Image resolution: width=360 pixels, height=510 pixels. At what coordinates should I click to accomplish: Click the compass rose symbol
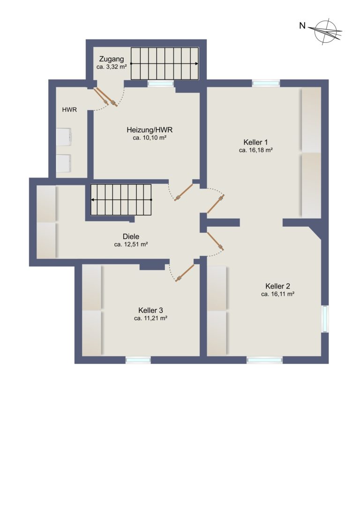(x=326, y=31)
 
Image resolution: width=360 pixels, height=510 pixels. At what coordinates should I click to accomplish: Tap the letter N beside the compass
(x=302, y=26)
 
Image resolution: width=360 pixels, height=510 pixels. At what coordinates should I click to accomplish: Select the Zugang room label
(x=112, y=59)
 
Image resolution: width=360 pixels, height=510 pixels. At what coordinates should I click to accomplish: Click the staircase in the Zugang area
(x=165, y=63)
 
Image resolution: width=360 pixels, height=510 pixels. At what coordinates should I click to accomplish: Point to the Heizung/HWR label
(x=150, y=130)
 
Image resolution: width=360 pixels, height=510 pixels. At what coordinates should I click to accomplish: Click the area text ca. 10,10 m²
(x=150, y=138)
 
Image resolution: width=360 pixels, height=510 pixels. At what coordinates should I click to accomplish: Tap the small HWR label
(x=69, y=110)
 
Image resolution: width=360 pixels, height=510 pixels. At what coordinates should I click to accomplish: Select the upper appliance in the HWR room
(x=64, y=137)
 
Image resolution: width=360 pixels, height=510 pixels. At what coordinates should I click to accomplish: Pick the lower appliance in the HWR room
(x=64, y=163)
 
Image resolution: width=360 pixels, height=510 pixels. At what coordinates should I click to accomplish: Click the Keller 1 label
(x=255, y=142)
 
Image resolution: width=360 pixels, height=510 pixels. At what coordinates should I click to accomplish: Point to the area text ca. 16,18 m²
(x=255, y=150)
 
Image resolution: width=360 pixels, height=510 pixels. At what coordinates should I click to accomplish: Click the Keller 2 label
(x=277, y=286)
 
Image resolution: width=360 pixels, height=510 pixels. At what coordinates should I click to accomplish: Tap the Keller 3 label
(x=150, y=310)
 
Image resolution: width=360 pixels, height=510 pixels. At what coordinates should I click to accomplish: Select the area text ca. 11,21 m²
(x=150, y=319)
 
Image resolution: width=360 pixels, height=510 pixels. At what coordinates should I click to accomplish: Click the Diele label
(x=131, y=236)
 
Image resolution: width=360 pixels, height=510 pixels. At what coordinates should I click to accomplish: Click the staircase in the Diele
(x=121, y=200)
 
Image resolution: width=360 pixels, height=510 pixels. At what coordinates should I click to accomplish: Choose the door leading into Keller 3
(x=185, y=273)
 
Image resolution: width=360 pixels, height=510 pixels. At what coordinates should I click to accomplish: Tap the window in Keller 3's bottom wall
(x=138, y=360)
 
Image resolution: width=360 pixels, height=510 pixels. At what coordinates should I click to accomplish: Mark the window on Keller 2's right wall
(x=324, y=319)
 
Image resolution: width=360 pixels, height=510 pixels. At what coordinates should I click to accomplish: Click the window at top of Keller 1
(x=266, y=83)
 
